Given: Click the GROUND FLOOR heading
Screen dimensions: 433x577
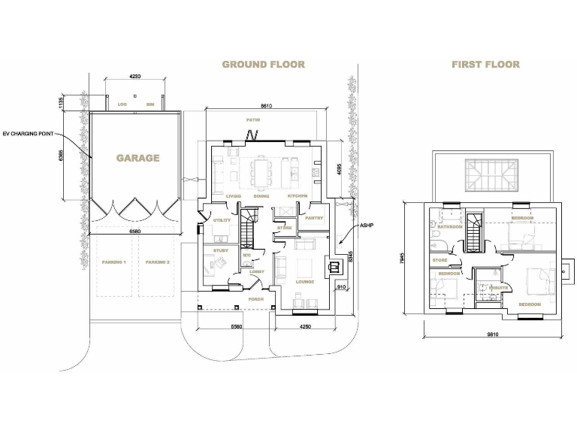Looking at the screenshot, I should click(263, 65).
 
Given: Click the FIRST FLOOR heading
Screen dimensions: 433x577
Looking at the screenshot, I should click(485, 65).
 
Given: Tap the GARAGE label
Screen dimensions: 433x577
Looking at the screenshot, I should click(137, 159).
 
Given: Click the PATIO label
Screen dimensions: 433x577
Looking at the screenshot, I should click(252, 120).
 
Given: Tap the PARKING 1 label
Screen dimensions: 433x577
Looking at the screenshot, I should click(113, 262).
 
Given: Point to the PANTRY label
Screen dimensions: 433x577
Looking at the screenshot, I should click(314, 219).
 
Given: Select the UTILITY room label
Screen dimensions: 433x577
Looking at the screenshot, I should click(222, 220).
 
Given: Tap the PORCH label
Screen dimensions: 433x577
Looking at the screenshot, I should click(256, 298).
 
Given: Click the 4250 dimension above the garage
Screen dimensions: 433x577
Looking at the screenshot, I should click(135, 77).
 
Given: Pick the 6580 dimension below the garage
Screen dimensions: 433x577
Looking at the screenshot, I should click(134, 232).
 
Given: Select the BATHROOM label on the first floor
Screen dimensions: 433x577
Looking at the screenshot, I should click(450, 226).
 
